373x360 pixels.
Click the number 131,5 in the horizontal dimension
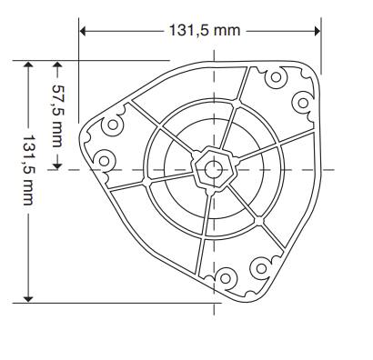click(x=188, y=31)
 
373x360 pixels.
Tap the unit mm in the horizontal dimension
click(x=227, y=31)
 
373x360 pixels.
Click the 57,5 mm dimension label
click(x=57, y=116)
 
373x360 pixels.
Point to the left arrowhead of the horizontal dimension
click(x=83, y=31)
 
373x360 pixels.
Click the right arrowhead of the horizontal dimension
click(x=318, y=31)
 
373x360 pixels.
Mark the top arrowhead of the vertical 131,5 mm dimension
click(x=28, y=65)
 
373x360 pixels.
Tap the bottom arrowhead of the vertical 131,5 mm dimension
click(x=28, y=299)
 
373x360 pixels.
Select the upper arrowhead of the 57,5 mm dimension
click(x=57, y=65)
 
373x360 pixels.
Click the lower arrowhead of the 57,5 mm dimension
click(x=57, y=166)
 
